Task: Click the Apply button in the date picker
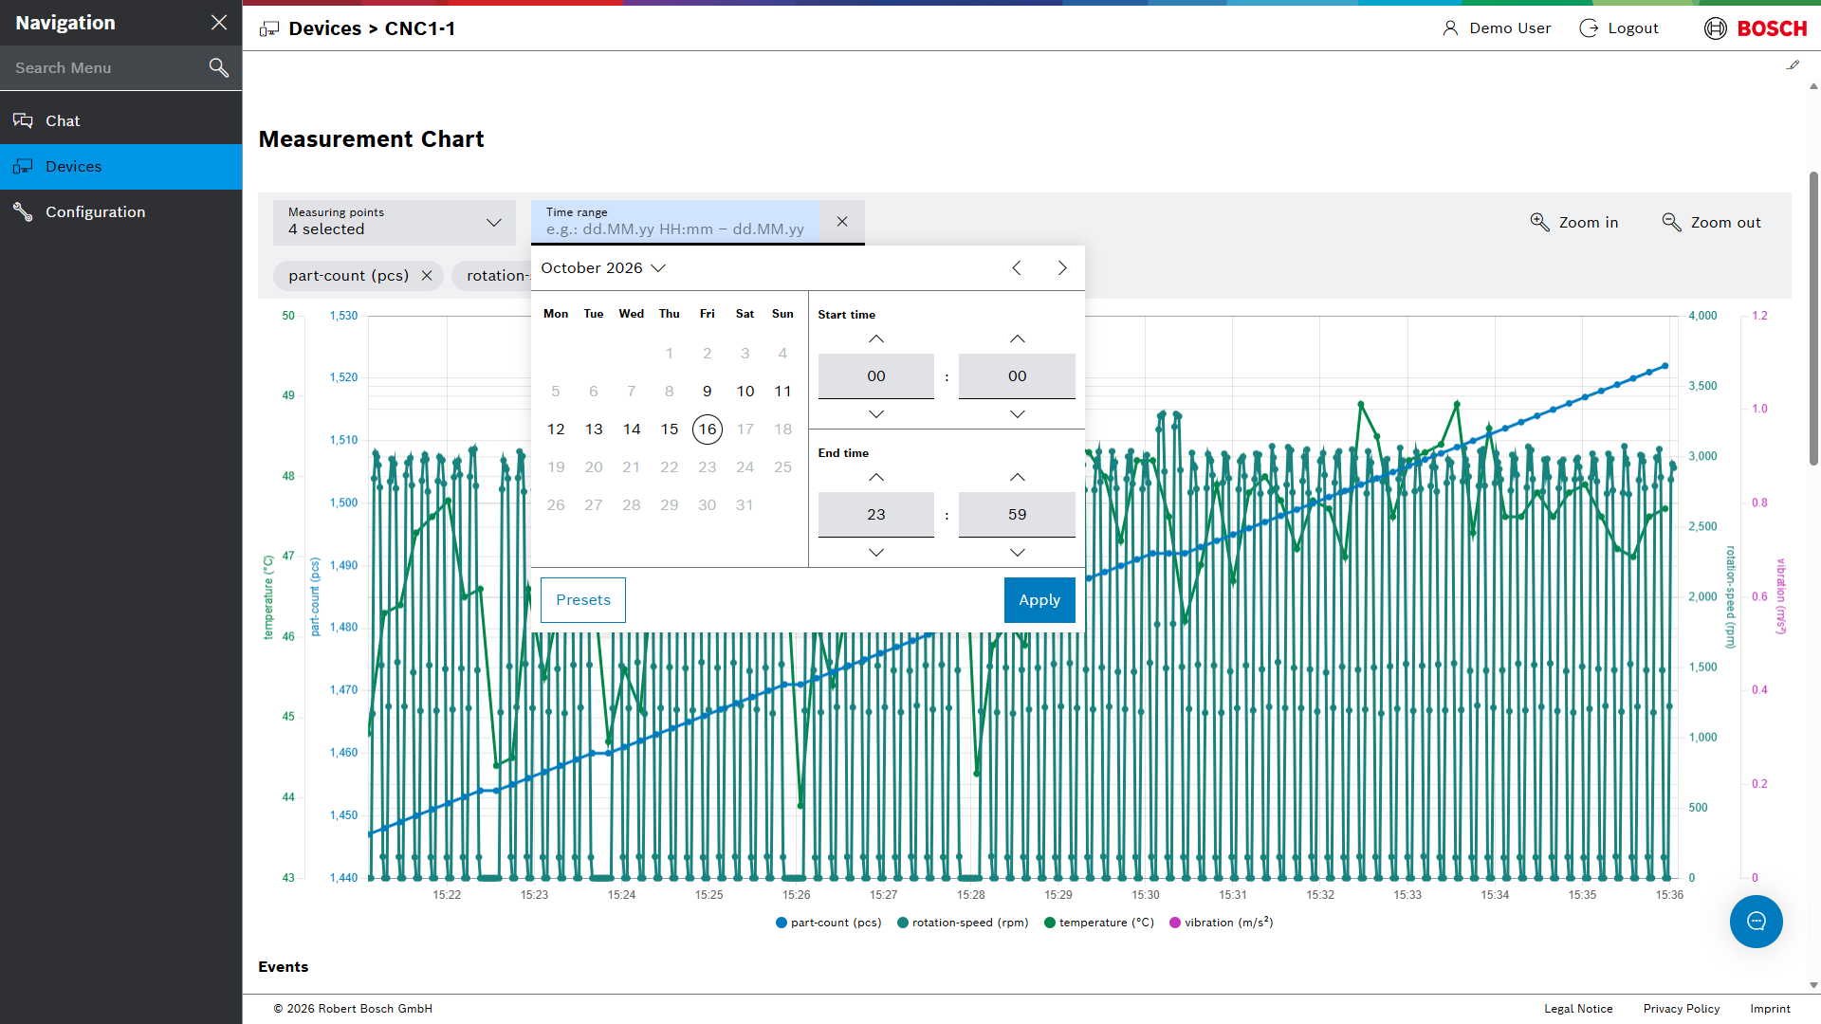1039,600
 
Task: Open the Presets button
583,600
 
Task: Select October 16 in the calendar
708,430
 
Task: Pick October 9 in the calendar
708,392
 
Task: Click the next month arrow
1062,268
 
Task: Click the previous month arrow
1017,268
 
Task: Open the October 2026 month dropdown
603,268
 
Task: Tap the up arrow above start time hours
876,339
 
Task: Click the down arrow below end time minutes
1018,553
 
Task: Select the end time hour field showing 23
876,515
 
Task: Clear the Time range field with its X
842,222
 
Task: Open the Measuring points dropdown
395,222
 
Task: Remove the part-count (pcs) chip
427,276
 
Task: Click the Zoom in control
1574,222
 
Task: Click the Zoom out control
1712,222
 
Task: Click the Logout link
1619,28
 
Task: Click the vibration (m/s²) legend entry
1222,923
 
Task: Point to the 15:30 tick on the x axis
1146,895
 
